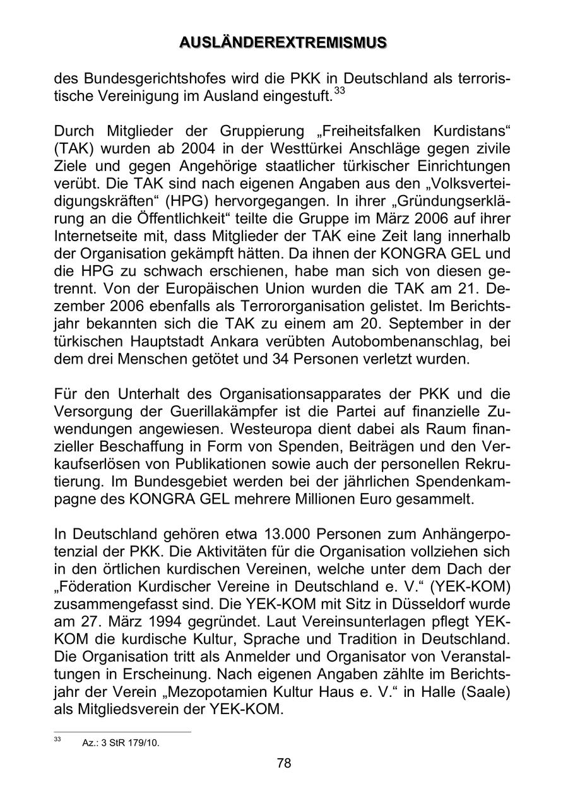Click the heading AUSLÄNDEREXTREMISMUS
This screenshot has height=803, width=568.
tap(283, 42)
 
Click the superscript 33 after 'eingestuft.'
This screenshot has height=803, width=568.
tap(340, 92)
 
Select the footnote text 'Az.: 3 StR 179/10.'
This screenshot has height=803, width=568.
tap(121, 742)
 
